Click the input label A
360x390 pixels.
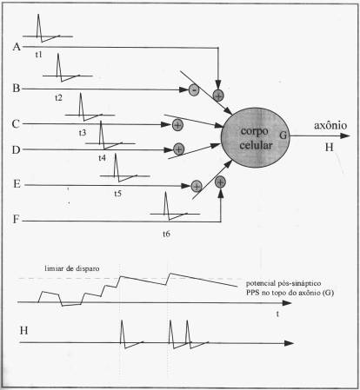tap(17, 47)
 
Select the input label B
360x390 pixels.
tap(17, 88)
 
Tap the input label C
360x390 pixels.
tap(16, 124)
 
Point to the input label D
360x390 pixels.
tap(16, 150)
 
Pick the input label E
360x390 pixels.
tap(17, 184)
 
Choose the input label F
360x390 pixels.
tap(16, 219)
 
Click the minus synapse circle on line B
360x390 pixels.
tap(194, 89)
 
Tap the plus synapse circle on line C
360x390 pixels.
tap(177, 125)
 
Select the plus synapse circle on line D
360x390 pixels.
tap(178, 149)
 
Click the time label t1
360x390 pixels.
tap(38, 55)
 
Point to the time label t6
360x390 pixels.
tap(166, 234)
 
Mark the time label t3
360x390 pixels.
tap(83, 133)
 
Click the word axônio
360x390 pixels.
tap(330, 125)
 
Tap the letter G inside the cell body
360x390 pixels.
tap(283, 135)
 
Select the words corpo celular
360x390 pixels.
tap(256, 138)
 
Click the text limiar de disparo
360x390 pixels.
tap(72, 268)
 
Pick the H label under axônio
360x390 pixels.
tap(329, 148)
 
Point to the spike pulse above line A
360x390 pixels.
tap(39, 29)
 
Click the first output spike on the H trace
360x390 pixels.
tap(123, 333)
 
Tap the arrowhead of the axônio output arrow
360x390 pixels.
tap(345, 136)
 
